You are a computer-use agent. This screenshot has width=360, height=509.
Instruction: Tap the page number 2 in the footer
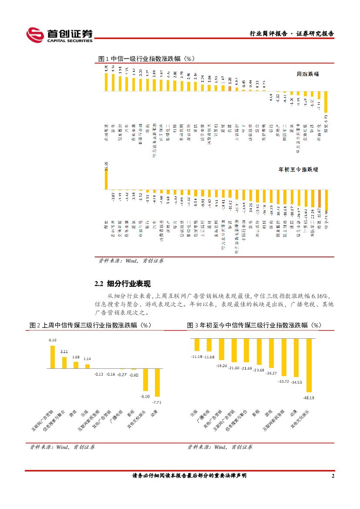click(x=333, y=476)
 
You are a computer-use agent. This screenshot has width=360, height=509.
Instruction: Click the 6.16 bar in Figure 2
click(x=53, y=357)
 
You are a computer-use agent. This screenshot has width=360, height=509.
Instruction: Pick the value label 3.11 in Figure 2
click(x=64, y=351)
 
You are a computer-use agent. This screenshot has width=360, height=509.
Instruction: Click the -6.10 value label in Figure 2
click(x=145, y=396)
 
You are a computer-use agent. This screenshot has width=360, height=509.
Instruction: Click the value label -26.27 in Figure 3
click(x=271, y=373)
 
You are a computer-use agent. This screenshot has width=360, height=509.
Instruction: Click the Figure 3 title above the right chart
click(x=254, y=325)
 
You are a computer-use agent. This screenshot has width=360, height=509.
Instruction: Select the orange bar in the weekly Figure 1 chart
click(x=229, y=86)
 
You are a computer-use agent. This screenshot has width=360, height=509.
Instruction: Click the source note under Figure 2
click(x=62, y=447)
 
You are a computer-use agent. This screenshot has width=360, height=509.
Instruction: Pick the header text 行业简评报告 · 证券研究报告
click(x=291, y=34)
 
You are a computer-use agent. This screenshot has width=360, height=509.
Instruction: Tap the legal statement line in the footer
click(x=189, y=476)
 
